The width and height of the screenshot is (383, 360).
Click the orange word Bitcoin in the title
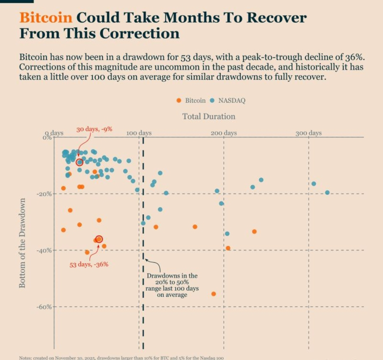point(46,17)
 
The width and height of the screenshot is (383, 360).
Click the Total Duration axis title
point(209,116)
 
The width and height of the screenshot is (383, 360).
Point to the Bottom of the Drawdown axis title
point(22,243)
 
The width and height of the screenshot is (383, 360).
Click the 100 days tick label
point(139,133)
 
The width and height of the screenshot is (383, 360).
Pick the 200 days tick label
point(224,133)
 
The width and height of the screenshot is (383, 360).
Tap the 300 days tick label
point(309,133)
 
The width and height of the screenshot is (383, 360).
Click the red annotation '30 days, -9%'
point(94,129)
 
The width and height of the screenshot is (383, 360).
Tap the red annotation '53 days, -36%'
point(89,264)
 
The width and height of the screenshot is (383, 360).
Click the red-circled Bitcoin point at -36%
point(99,239)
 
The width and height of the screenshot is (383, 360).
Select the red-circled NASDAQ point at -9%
point(79,162)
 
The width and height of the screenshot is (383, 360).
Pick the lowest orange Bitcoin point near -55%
point(213,294)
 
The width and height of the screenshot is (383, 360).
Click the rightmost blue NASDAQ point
point(327,192)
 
